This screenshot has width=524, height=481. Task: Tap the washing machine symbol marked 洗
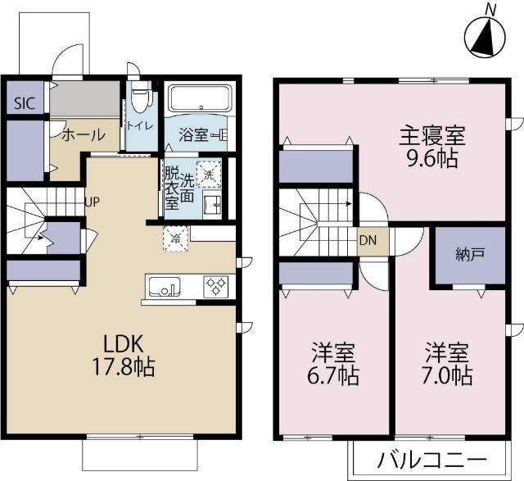(210, 174)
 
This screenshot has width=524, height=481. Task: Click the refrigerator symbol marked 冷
(174, 238)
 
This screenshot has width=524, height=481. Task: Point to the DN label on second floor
(369, 241)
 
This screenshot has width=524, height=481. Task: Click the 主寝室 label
(431, 134)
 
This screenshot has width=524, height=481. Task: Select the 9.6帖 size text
(432, 158)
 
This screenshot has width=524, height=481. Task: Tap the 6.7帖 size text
(334, 376)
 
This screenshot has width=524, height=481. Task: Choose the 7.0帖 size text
(447, 376)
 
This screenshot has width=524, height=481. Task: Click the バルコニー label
(432, 459)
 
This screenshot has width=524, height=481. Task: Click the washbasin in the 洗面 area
(211, 205)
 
